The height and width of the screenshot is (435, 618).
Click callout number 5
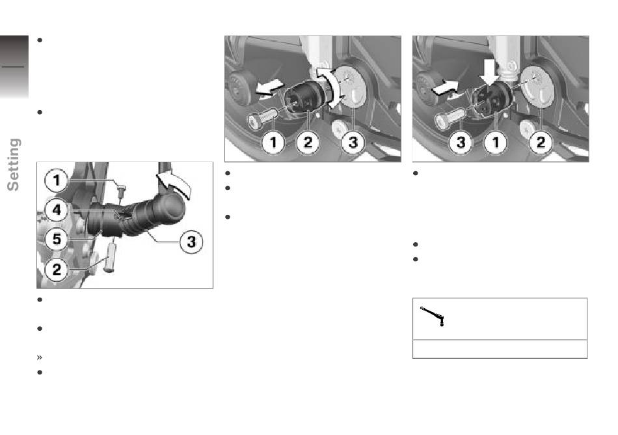tap(57, 239)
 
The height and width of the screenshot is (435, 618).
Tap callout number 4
tap(57, 210)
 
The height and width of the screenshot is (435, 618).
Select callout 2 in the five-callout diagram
tap(57, 270)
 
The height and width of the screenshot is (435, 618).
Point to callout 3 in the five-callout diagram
tap(191, 242)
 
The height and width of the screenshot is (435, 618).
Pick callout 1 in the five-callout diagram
tap(57, 180)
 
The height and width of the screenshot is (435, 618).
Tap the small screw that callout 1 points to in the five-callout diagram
tap(122, 191)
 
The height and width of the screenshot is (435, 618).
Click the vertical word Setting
tap(14, 165)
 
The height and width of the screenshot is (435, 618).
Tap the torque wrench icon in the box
tap(433, 315)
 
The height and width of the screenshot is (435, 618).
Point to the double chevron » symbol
tap(40, 358)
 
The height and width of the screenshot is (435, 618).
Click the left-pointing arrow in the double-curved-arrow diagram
tap(269, 87)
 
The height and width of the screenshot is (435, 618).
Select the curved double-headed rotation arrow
tap(330, 87)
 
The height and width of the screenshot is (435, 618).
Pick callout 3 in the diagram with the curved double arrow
tap(353, 143)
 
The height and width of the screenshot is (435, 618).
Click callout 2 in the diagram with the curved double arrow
tap(308, 143)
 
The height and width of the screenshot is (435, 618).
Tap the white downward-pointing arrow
tap(489, 72)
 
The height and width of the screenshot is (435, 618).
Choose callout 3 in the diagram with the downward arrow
tap(461, 143)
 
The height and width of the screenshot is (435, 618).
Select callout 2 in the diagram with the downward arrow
tap(541, 143)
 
